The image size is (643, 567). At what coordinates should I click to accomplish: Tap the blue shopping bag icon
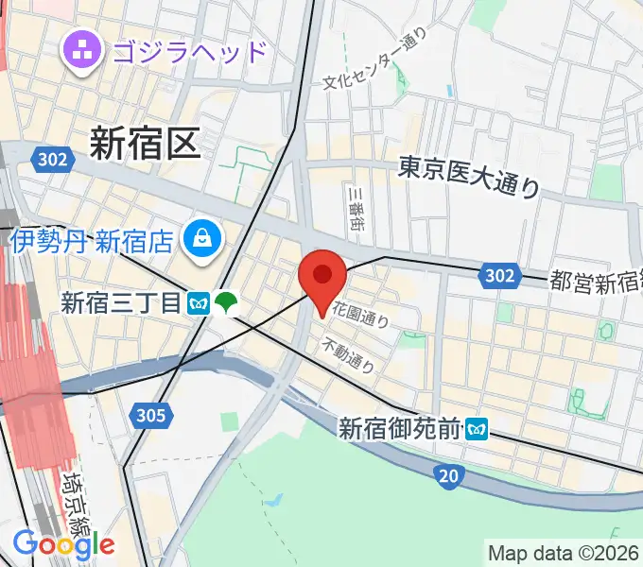coord(202,239)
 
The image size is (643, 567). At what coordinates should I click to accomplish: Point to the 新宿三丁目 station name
coord(119,303)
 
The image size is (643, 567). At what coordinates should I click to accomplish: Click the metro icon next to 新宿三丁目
coord(199,303)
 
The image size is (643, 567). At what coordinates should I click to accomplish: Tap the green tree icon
coord(226,303)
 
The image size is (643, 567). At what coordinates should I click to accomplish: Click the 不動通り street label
coord(348,354)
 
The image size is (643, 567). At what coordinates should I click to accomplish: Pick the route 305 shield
coord(150,414)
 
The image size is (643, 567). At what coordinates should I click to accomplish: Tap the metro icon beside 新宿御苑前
coord(478,429)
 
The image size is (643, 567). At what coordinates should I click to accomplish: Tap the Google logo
coord(63,544)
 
